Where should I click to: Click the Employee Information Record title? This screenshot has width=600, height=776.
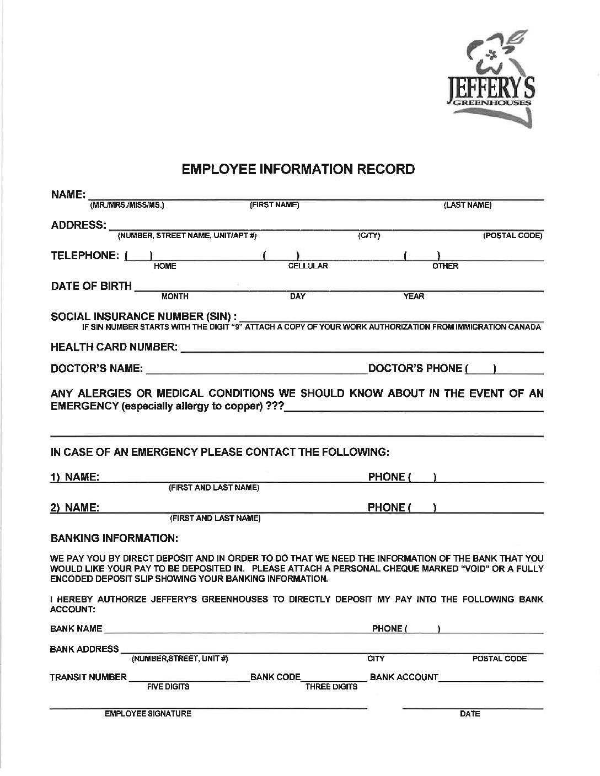pyautogui.click(x=298, y=169)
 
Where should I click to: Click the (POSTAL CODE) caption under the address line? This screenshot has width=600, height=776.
pyautogui.click(x=513, y=236)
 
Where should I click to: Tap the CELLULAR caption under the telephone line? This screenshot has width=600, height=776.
pyautogui.click(x=308, y=266)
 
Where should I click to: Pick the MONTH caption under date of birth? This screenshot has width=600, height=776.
pyautogui.click(x=175, y=297)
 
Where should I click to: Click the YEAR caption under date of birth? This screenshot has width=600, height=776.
pyautogui.click(x=414, y=297)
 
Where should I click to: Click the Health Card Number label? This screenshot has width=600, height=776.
pyautogui.click(x=114, y=348)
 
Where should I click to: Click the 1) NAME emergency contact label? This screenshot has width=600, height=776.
pyautogui.click(x=75, y=477)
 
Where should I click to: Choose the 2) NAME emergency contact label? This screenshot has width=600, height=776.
pyautogui.click(x=75, y=508)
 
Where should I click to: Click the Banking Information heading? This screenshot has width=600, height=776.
pyautogui.click(x=114, y=537)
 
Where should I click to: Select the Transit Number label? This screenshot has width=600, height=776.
pyautogui.click(x=88, y=677)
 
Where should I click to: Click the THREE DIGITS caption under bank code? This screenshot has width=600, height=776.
pyautogui.click(x=331, y=687)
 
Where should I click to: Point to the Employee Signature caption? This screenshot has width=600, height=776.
pyautogui.click(x=148, y=714)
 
